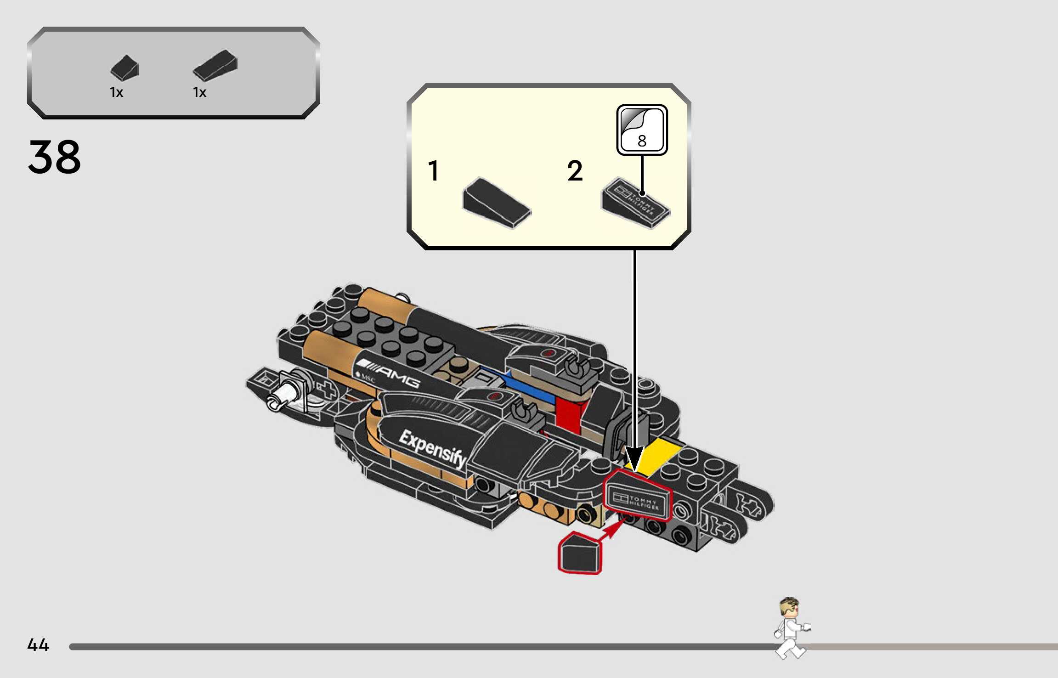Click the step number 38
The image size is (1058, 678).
54,157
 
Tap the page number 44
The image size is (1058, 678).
38,644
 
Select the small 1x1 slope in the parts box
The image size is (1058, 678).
124,68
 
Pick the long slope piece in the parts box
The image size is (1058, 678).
215,65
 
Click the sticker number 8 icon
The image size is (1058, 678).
642,130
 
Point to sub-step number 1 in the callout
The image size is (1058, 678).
433,171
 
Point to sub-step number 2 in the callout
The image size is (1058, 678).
575,171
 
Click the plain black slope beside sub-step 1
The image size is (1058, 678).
496,202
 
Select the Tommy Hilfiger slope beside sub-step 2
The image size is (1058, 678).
636,203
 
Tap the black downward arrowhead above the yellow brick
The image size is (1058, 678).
634,457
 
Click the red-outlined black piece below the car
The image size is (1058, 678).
580,554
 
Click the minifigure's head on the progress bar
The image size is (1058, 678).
789,607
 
